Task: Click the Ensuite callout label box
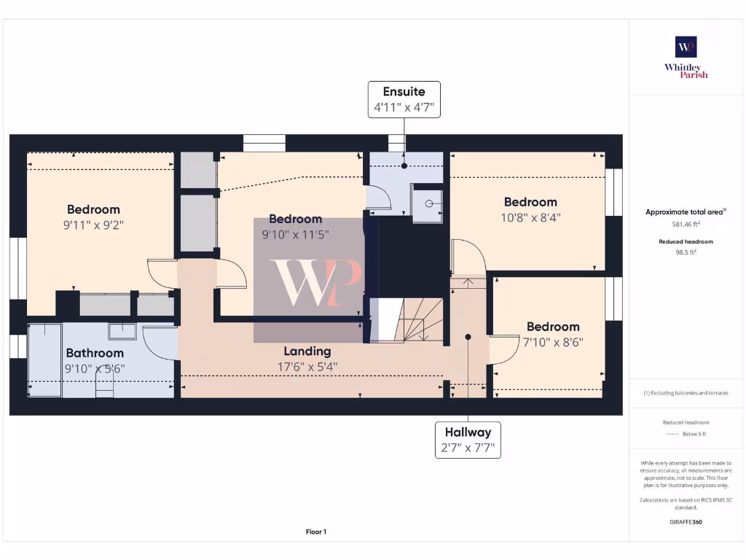pos(404,100)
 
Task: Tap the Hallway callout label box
pos(468,440)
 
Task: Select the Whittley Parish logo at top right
pos(686,57)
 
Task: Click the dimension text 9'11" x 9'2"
pos(94,226)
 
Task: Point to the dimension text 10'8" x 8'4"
pos(530,217)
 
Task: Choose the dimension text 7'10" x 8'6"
pos(553,342)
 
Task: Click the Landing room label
pos(307,351)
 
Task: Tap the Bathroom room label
pos(95,354)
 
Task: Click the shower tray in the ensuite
pos(428,203)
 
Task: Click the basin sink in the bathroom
pos(122,332)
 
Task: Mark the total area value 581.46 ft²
pos(686,225)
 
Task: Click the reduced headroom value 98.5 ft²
pos(686,252)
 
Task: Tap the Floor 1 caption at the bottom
pos(315,532)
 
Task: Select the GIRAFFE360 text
pos(686,522)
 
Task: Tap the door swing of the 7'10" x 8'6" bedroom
pos(500,351)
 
